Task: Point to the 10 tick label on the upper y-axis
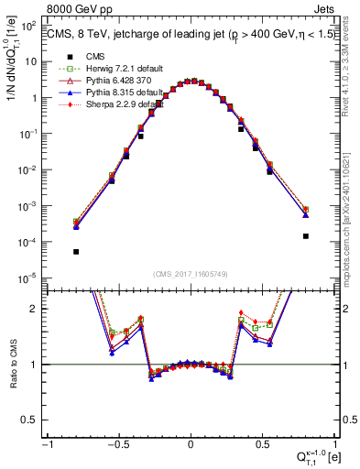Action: point(32,62)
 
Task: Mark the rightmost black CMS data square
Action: point(305,235)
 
